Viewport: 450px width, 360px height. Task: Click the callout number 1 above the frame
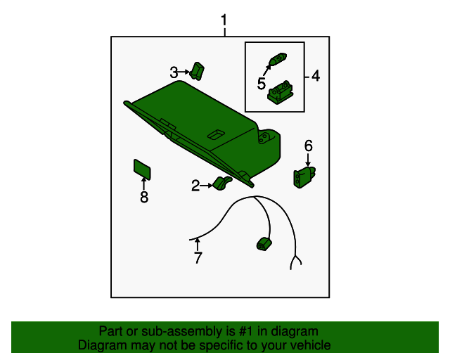224,20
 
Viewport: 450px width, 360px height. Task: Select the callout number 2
195,186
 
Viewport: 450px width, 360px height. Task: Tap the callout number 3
174,72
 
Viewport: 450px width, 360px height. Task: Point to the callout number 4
316,76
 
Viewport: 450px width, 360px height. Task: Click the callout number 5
261,84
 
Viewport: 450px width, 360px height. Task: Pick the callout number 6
308,146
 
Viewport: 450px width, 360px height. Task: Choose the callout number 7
198,257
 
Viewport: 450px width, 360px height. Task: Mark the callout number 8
144,197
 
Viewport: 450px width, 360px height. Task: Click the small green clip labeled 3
197,71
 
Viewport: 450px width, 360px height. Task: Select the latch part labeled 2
222,184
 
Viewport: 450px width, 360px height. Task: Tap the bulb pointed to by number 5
278,59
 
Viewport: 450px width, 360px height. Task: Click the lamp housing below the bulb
280,92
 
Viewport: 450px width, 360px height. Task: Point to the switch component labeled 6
304,177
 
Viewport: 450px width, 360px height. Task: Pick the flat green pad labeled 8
142,169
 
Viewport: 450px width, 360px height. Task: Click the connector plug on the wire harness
264,244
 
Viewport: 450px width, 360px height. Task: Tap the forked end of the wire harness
295,263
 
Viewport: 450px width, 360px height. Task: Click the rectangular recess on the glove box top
216,134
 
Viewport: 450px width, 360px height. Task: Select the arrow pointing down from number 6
308,160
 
